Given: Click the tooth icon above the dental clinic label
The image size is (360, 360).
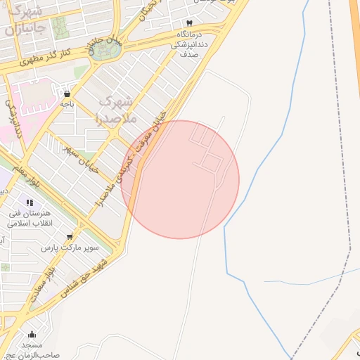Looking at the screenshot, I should click(x=189, y=22).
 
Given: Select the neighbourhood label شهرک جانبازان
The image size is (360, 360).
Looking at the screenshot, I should click(x=26, y=21).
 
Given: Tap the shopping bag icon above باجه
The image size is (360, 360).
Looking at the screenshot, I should click(x=67, y=93).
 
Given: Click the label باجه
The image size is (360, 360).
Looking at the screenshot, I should click(x=67, y=104).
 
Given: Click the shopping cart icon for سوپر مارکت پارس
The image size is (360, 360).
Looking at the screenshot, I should click(x=69, y=237).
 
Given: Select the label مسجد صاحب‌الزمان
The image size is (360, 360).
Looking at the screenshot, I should click(x=32, y=351).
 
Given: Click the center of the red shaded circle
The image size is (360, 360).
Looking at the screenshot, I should click(x=180, y=179).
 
